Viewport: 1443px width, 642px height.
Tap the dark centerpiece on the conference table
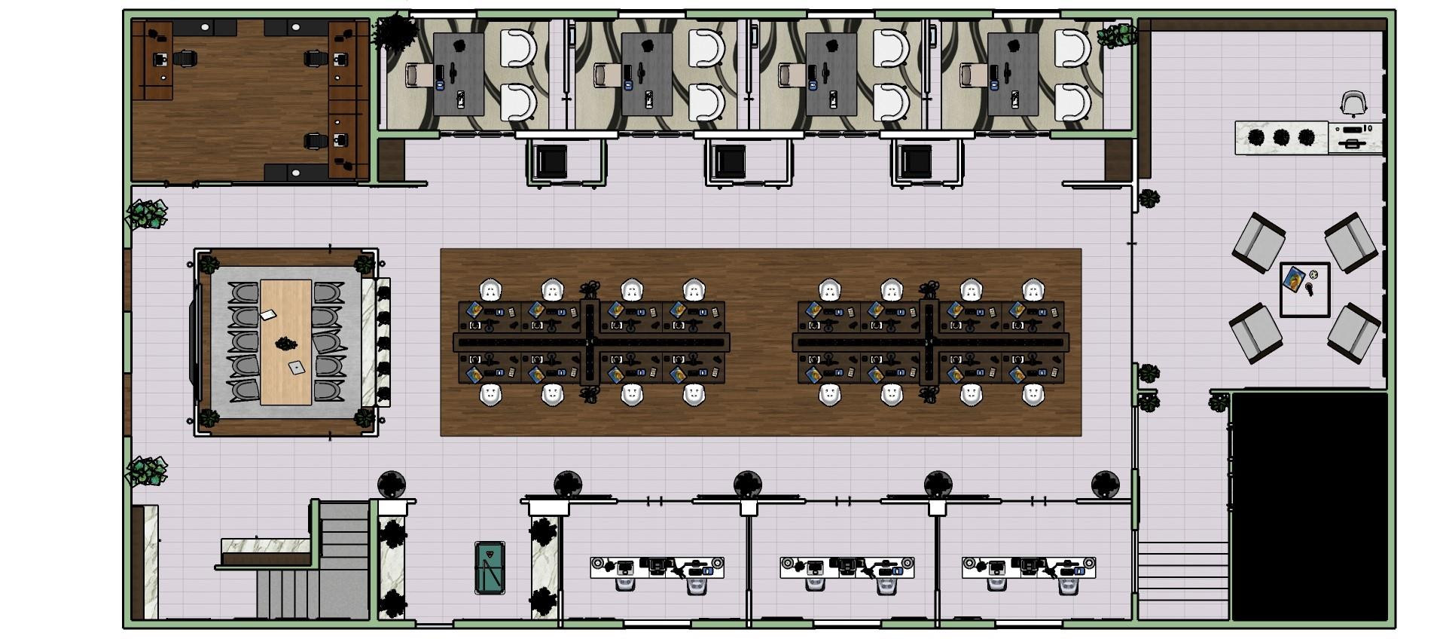[285, 344]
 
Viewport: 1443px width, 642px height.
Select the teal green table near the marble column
[490, 567]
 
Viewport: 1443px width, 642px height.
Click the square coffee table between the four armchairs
[1304, 289]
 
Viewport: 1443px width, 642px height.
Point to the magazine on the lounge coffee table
[1295, 280]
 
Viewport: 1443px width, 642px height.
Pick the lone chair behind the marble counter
[1353, 104]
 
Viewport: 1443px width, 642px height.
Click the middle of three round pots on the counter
[1281, 138]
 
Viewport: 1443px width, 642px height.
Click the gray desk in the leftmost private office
[458, 74]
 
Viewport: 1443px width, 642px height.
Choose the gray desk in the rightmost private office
[1012, 74]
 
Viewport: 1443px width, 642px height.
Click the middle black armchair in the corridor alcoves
[729, 161]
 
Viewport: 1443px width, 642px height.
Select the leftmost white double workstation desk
[657, 567]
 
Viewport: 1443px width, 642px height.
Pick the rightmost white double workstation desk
[1028, 567]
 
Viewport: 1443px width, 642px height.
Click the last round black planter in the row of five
[1105, 485]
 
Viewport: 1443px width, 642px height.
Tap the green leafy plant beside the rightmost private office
[1117, 35]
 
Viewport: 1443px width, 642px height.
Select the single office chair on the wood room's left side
[184, 58]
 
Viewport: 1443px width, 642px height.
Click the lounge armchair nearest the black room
[1353, 332]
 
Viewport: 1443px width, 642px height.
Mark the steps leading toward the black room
[1182, 576]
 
